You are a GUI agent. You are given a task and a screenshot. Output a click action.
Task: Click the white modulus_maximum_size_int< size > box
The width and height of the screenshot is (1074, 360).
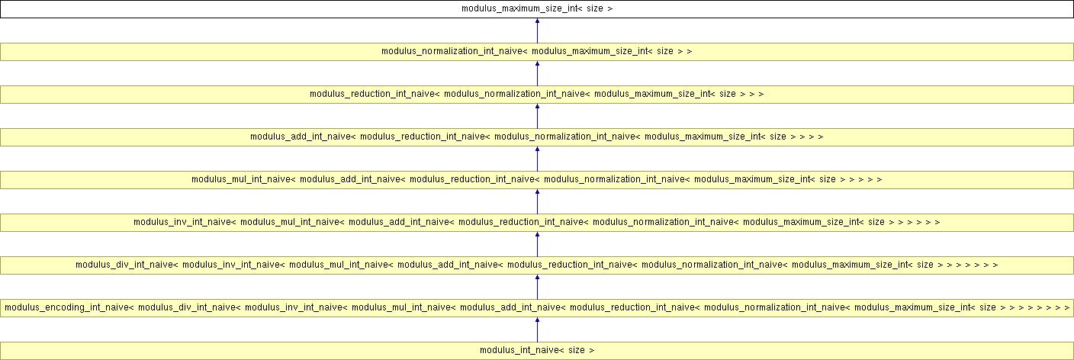tap(537, 9)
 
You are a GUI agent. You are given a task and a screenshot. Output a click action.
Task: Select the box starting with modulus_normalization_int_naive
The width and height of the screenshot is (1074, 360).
tap(537, 52)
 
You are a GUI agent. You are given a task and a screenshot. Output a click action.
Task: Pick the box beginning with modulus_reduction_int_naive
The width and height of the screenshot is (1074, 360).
tap(537, 95)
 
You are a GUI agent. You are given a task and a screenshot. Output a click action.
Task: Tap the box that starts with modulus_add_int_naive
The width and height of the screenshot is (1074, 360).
tap(537, 137)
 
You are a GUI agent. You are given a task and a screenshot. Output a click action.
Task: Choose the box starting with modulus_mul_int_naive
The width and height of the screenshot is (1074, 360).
tap(537, 180)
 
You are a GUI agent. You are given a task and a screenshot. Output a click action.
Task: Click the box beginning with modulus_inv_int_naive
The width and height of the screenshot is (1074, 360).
tap(537, 223)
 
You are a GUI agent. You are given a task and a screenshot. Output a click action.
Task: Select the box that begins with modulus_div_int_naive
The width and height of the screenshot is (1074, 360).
tap(537, 265)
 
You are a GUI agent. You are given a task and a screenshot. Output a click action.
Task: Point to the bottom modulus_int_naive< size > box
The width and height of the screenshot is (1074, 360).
tap(537, 350)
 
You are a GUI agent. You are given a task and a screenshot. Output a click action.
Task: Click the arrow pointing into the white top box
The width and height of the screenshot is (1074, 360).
tap(537, 31)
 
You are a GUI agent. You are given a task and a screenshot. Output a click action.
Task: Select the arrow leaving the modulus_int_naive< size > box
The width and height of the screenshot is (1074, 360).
tap(537, 329)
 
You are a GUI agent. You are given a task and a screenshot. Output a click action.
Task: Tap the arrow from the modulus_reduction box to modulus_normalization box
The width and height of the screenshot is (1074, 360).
tap(537, 73)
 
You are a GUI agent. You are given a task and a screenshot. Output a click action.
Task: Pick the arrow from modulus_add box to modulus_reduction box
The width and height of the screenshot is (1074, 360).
tap(537, 116)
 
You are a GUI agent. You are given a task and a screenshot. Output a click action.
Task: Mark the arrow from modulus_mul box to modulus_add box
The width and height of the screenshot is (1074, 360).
tap(537, 159)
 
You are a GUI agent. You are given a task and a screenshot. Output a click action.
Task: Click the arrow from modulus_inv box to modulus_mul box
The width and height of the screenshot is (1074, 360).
tap(537, 201)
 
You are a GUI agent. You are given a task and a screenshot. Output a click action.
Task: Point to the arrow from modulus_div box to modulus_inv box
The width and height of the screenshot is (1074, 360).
tap(537, 244)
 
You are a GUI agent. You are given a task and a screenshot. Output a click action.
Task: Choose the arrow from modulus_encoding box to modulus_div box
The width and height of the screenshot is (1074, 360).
tap(537, 287)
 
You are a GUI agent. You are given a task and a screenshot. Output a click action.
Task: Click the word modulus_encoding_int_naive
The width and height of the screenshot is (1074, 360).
tap(67, 307)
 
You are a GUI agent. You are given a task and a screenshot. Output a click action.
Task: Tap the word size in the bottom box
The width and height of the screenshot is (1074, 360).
tap(577, 350)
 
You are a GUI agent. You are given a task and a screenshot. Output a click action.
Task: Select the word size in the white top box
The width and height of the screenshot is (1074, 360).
tap(594, 8)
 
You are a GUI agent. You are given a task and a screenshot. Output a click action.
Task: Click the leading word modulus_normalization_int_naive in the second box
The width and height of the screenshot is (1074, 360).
tap(454, 51)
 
